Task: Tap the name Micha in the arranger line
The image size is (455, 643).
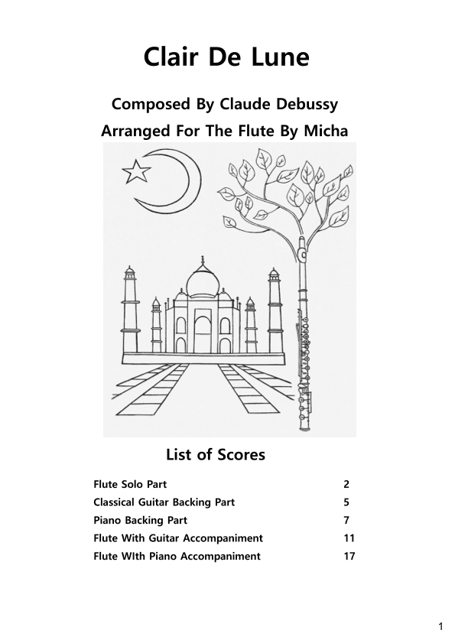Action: click(325, 131)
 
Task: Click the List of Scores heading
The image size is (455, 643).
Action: click(216, 455)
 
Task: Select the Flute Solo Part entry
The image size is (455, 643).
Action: click(130, 484)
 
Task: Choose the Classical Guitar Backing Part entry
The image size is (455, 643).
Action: click(164, 502)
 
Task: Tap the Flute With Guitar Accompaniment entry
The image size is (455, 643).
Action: click(178, 538)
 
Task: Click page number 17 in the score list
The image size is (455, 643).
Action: click(349, 556)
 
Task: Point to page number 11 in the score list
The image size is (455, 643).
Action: click(349, 538)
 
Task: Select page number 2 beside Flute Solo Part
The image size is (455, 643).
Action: click(346, 484)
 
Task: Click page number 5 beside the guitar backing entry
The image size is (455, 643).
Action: click(346, 502)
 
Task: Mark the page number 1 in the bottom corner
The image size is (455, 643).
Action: click(440, 627)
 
